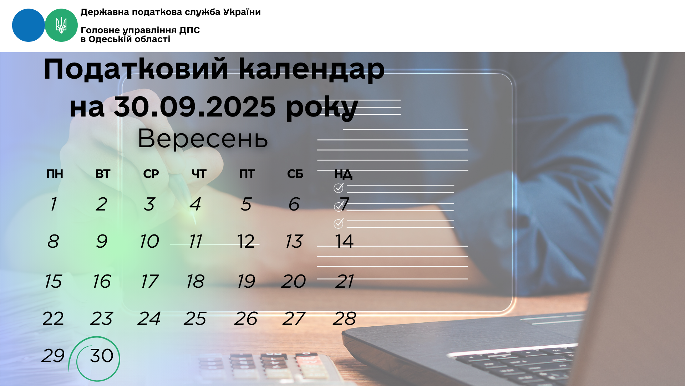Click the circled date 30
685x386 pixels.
102,356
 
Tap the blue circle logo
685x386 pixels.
29,25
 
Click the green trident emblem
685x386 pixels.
61,25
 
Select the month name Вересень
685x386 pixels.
203,139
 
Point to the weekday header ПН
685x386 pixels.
55,174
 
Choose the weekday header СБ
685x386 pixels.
295,174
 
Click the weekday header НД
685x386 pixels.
343,174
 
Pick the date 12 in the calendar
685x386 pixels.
246,242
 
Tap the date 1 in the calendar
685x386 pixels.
53,204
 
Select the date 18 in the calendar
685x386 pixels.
195,281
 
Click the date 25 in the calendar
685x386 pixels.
195,318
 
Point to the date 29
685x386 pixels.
53,356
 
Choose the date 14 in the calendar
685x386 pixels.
344,242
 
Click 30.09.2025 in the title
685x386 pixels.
195,107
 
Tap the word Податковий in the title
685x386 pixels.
136,69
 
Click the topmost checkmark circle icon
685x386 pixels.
339,188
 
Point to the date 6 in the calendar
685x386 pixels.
294,204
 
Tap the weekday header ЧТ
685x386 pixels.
199,174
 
